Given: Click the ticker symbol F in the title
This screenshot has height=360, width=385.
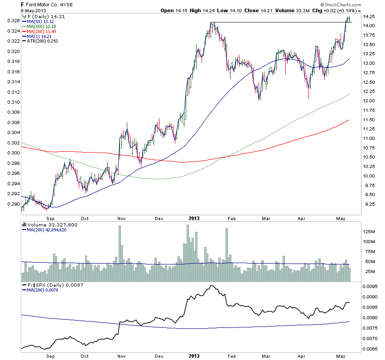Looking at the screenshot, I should (x=23, y=5).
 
